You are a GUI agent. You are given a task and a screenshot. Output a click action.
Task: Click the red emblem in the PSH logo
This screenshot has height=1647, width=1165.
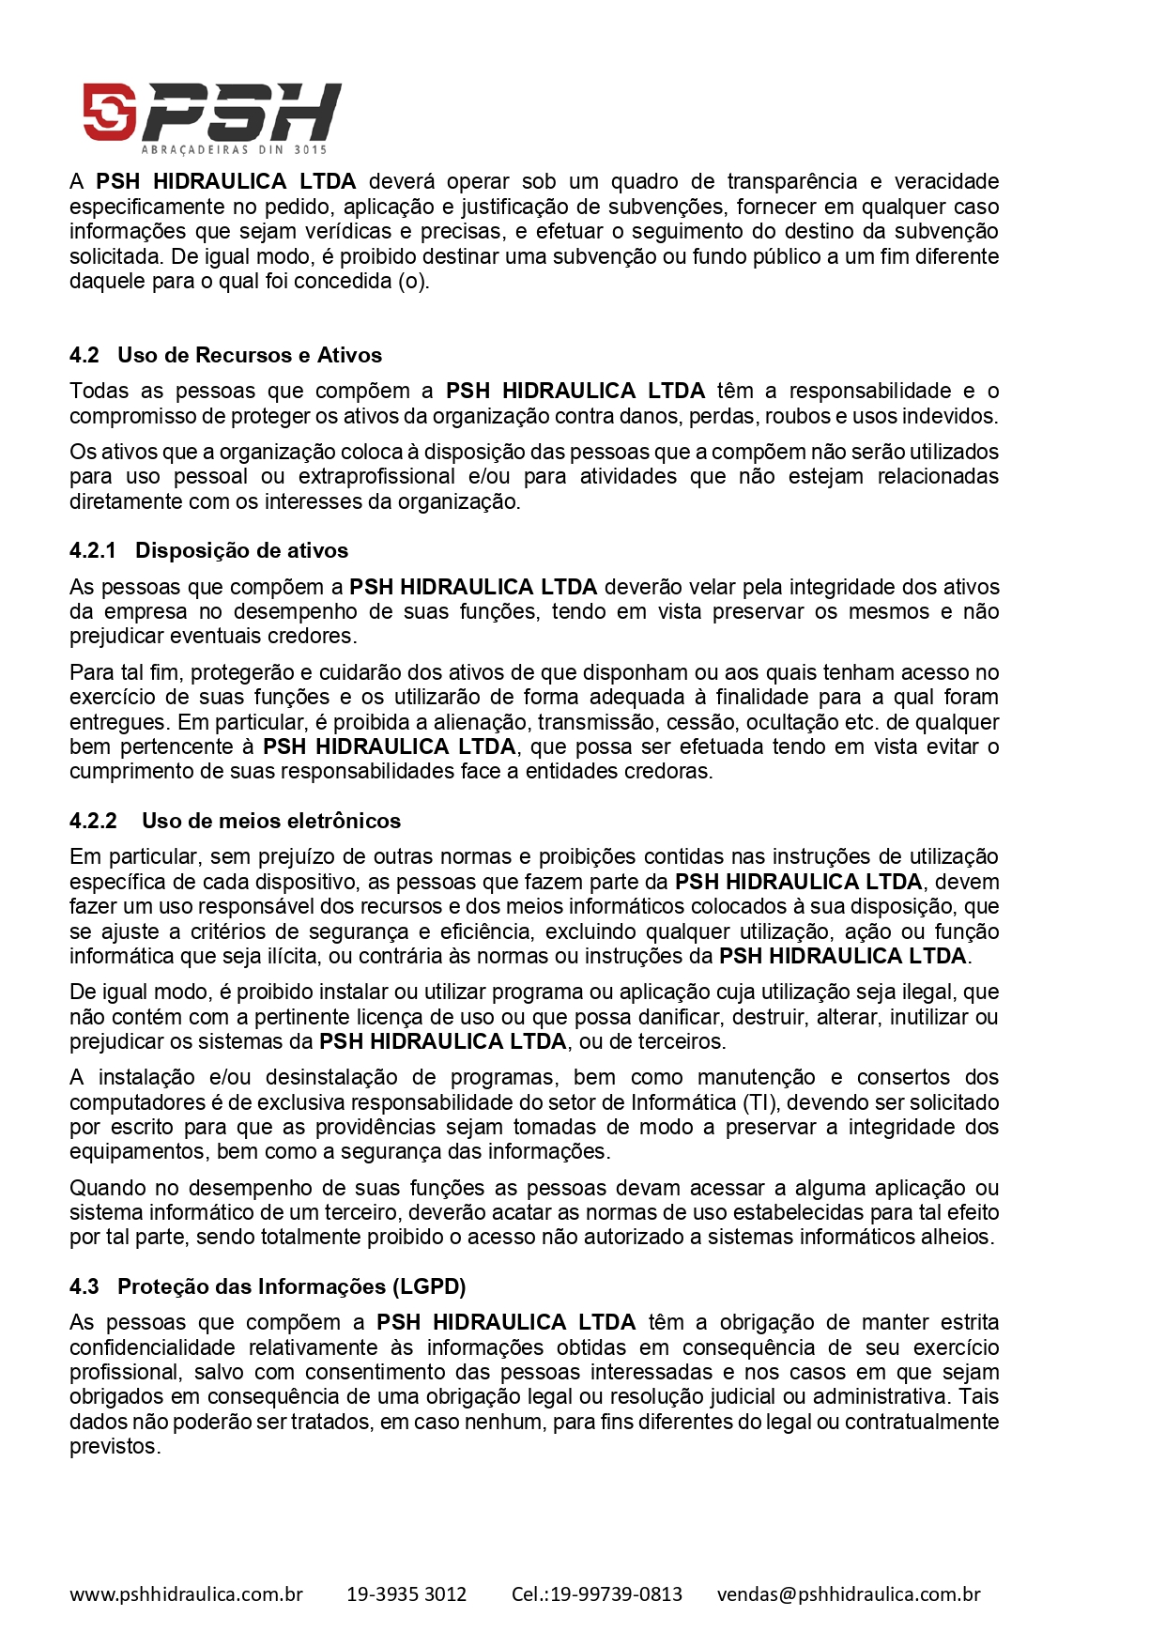point(110,112)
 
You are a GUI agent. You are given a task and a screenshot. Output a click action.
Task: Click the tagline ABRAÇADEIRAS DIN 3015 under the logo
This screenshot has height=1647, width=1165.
point(234,149)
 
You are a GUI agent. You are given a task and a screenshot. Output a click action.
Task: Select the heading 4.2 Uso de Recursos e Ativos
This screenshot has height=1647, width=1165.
point(225,355)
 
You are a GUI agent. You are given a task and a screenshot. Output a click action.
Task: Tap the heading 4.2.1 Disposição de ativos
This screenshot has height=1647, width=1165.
point(208,550)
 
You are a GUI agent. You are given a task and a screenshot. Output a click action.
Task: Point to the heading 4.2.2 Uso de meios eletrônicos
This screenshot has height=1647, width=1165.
point(235,821)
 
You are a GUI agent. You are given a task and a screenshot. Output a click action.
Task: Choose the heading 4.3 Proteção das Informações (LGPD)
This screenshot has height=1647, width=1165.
point(268,1286)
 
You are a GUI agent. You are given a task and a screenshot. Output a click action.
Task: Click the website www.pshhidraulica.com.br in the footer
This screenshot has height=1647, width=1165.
point(186,1593)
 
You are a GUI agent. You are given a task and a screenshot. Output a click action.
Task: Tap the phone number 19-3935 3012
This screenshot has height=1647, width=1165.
point(406,1593)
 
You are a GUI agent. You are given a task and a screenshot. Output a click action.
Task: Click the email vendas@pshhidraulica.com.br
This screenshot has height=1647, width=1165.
point(849,1593)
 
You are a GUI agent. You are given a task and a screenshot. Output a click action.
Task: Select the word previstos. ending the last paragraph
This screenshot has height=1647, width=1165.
point(115,1446)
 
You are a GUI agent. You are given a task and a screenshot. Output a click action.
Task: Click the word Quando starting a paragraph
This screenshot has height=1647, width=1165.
point(109,1188)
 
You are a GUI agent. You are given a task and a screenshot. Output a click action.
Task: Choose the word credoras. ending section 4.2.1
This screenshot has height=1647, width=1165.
point(670,771)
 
